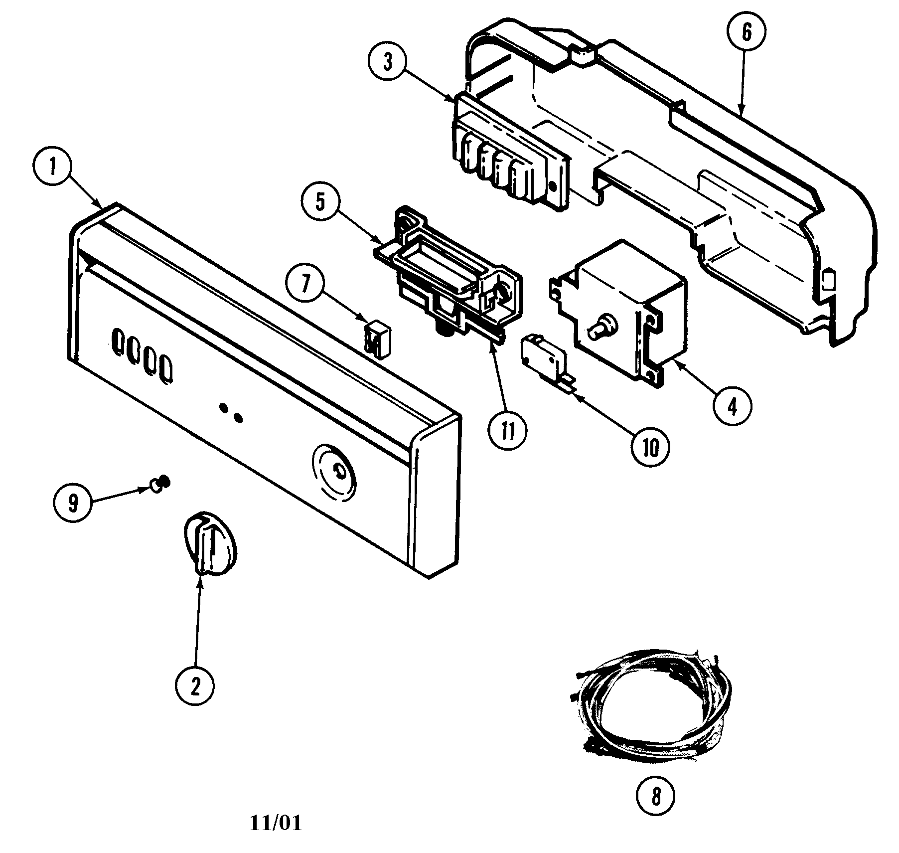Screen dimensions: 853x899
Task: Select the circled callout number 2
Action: click(195, 687)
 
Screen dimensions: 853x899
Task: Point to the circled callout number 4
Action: click(731, 407)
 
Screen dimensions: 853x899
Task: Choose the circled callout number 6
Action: click(746, 32)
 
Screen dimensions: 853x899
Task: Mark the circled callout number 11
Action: click(508, 432)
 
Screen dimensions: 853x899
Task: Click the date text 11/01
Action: click(276, 823)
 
